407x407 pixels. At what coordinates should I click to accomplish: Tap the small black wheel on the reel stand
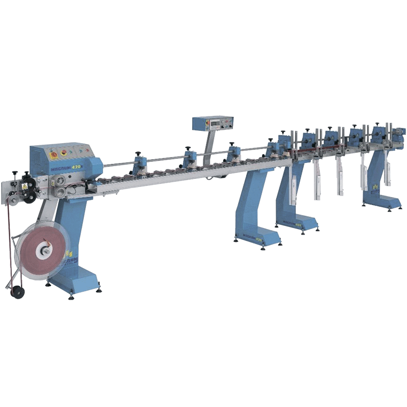(x=18, y=292)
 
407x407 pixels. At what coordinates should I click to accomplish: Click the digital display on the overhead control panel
(x=214, y=123)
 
